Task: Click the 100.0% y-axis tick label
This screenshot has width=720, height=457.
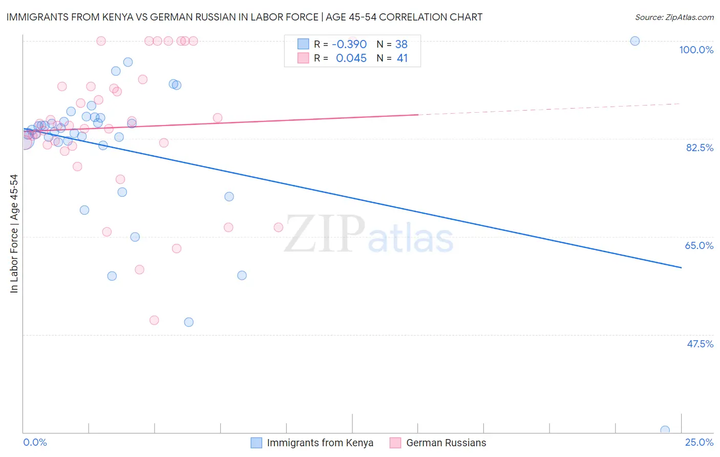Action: [x=696, y=50]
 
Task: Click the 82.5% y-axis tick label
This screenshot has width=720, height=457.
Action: [x=699, y=148]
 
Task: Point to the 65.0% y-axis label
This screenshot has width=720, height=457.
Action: [x=699, y=245]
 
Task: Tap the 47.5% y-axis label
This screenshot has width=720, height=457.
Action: [x=700, y=344]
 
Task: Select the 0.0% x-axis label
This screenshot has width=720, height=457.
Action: [x=35, y=442]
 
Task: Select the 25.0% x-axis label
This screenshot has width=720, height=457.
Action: [x=699, y=442]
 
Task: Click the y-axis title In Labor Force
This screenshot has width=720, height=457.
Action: [x=14, y=234]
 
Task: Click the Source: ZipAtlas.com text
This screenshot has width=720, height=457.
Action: [x=674, y=17]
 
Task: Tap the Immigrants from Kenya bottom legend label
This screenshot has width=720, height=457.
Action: [x=320, y=443]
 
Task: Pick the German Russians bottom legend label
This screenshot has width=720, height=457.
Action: [x=446, y=443]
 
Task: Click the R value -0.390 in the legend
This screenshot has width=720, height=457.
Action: [x=349, y=44]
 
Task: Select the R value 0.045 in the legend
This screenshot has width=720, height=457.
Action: [x=351, y=58]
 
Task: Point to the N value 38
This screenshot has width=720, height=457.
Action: [x=401, y=44]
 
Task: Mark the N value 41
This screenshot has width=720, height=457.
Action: [x=403, y=58]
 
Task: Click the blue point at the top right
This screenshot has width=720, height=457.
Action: [x=635, y=41]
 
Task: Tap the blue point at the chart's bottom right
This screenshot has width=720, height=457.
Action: [x=665, y=430]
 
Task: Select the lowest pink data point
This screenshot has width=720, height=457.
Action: [x=154, y=320]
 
